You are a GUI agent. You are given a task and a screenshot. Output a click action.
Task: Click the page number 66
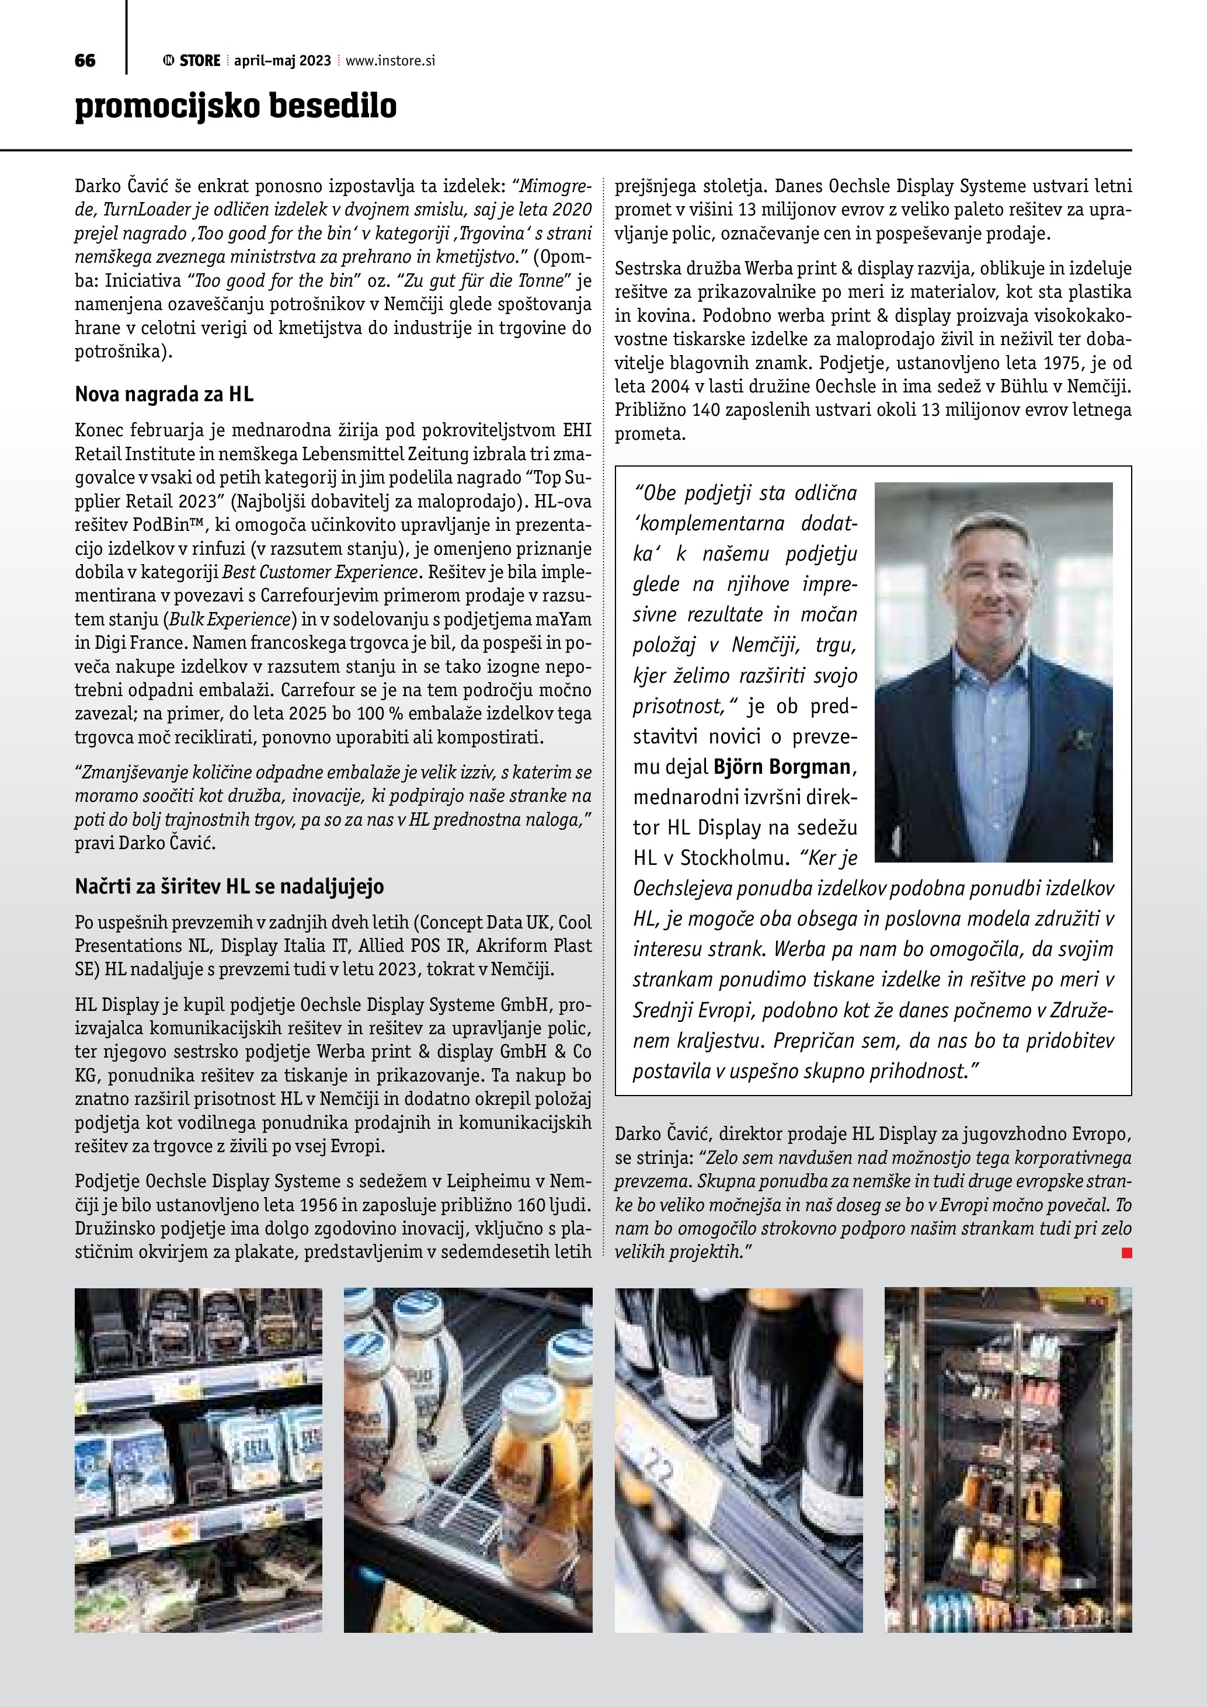[x=85, y=61]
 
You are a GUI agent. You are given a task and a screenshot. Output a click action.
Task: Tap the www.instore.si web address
[x=389, y=61]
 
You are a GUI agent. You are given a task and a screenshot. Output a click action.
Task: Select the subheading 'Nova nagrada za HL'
[x=164, y=394]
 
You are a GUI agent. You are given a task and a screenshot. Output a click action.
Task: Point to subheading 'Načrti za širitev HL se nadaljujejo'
[x=229, y=886]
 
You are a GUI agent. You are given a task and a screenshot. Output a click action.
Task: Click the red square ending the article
[x=1126, y=1253]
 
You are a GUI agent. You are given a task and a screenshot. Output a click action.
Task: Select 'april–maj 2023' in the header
[x=283, y=61]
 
